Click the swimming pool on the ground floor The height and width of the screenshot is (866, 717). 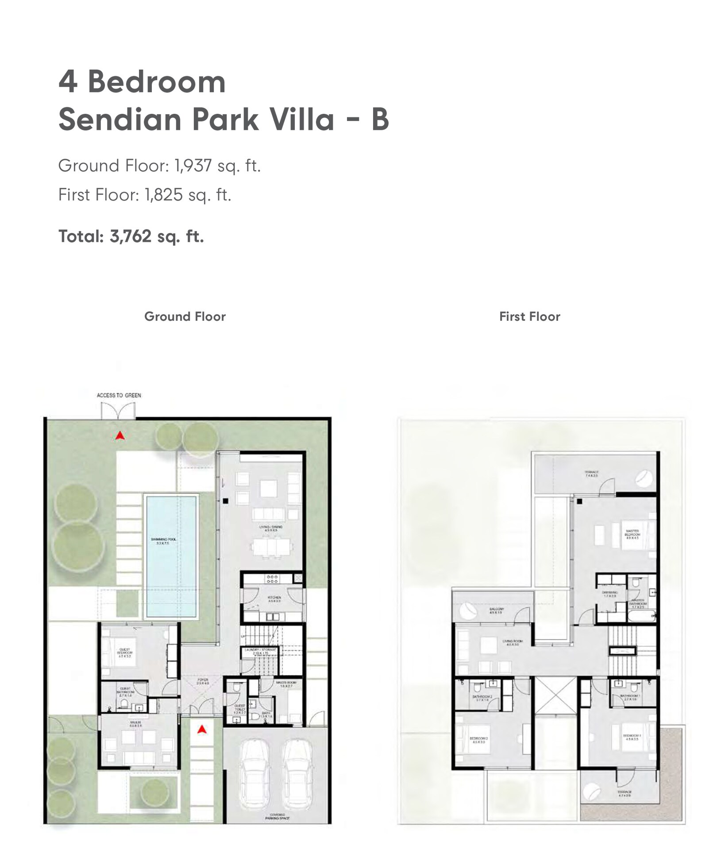point(170,557)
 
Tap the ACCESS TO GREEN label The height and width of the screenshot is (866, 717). point(119,395)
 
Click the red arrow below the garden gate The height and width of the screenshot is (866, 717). point(119,436)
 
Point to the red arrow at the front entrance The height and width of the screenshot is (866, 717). point(202,729)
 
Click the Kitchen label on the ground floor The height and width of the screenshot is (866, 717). point(274,599)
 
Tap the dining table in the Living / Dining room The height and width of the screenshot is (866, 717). point(271,547)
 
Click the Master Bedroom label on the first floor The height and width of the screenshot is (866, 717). point(632,534)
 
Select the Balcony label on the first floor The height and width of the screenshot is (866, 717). point(496,610)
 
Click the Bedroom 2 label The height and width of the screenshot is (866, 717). point(478,739)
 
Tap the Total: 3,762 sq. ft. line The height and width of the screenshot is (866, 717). point(131,236)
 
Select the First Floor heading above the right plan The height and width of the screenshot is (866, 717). point(529,316)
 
